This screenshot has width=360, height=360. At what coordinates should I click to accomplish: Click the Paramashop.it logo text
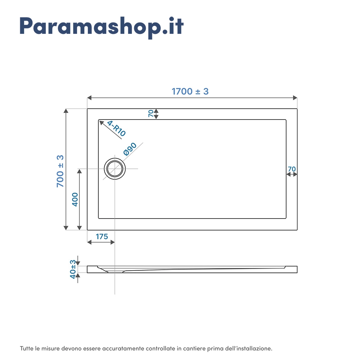102,27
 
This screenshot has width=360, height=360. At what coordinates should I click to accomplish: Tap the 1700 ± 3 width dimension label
190,91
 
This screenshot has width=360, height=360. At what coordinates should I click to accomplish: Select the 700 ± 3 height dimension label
60,171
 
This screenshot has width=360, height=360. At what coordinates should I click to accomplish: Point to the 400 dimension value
75,199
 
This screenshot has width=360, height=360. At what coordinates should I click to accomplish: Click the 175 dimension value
102,237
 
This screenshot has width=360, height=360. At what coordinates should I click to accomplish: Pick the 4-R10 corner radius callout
116,129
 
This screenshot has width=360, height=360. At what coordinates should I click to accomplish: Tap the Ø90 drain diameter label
130,149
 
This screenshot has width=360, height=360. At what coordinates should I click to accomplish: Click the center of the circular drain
115,169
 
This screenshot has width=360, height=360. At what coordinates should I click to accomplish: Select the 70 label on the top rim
151,113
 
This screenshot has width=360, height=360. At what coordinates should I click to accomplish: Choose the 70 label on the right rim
292,169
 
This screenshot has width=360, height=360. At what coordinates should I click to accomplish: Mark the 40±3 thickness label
73,269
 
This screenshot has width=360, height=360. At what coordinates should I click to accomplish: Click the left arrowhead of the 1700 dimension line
89,98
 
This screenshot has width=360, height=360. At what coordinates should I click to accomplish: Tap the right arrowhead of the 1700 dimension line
295,98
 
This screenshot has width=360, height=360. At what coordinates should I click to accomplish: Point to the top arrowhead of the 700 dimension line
66,111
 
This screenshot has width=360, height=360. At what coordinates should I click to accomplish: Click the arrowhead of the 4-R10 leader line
101,123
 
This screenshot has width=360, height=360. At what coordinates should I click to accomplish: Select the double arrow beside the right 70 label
292,175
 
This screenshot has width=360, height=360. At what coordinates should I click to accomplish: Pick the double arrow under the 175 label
101,242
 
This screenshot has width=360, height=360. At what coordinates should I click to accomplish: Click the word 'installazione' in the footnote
255,348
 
